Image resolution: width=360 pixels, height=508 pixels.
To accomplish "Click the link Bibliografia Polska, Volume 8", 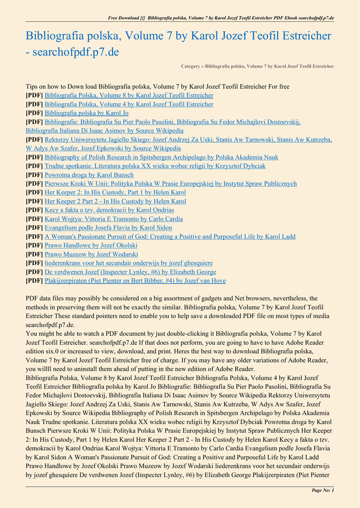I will click(129, 95).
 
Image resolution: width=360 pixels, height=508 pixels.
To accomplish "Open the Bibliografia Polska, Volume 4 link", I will click(129, 104).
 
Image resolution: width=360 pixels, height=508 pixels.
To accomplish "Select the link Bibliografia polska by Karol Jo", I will click(86, 113).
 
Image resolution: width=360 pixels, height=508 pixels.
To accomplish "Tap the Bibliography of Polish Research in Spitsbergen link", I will click(161, 157).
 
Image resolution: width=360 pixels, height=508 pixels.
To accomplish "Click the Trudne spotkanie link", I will click(155, 166).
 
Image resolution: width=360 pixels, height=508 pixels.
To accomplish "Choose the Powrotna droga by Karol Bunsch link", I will click(89, 175).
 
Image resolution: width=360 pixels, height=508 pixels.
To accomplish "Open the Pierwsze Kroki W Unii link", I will click(171, 184).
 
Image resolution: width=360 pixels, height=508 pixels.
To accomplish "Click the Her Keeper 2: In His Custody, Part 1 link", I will click(115, 192).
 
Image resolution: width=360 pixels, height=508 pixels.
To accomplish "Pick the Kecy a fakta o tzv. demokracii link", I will click(109, 210).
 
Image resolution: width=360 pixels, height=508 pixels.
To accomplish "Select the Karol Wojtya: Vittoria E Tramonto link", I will click(114, 219).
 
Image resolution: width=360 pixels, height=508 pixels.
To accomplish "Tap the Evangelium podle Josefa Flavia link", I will click(108, 228).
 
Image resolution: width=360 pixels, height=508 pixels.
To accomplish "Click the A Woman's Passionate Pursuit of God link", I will click(170, 237).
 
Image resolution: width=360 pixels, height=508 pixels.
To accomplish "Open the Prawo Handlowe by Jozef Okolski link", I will click(91, 246).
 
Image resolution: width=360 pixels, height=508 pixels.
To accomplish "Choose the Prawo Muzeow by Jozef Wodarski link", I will click(91, 254).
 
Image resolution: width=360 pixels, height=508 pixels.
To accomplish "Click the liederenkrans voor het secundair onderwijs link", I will click(129, 263).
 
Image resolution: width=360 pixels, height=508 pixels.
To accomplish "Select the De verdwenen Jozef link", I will click(130, 272).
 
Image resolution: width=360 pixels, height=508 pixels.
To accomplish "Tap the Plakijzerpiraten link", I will click(135, 281).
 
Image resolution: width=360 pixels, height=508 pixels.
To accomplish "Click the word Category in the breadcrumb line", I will click(191, 66).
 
